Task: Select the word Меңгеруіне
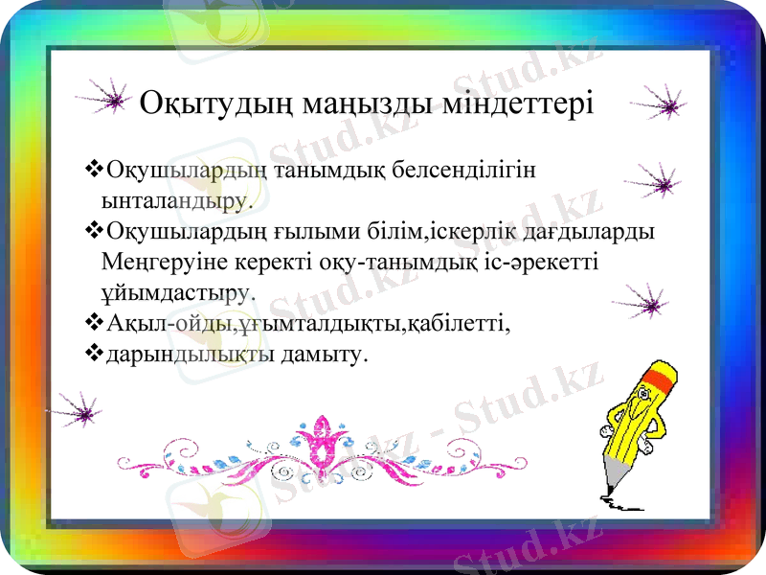coord(177,262)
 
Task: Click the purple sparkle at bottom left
coord(82,410)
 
